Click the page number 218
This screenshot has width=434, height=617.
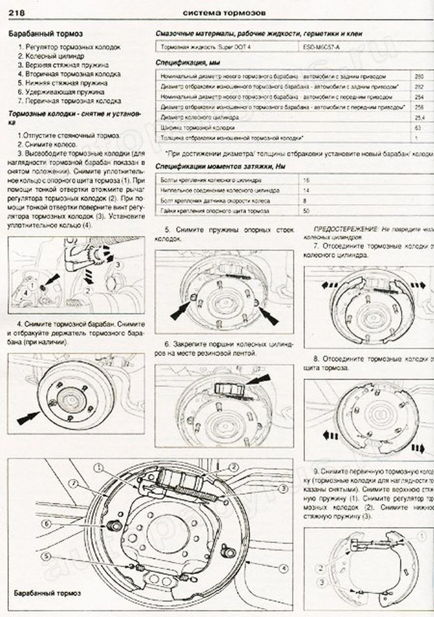pyautogui.click(x=16, y=13)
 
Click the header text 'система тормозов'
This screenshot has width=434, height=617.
pyautogui.click(x=224, y=13)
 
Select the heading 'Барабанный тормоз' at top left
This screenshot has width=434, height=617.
pyautogui.click(x=45, y=34)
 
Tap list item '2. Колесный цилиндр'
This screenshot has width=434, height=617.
pyautogui.click(x=51, y=56)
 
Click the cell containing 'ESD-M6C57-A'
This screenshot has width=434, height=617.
pyautogui.click(x=321, y=47)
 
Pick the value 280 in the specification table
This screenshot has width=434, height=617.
pyautogui.click(x=419, y=76)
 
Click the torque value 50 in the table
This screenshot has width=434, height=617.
pyautogui.click(x=306, y=211)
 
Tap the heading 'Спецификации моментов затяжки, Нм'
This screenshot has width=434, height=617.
pyautogui.click(x=220, y=166)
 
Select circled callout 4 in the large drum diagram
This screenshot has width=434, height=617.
pyautogui.click(x=283, y=568)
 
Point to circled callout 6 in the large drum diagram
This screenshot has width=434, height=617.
pyautogui.click(x=47, y=524)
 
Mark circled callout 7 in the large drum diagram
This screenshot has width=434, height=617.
pyautogui.click(x=73, y=483)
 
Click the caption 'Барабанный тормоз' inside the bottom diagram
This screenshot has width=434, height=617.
pyautogui.click(x=47, y=593)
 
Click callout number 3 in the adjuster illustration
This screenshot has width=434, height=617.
pyautogui.click(x=118, y=265)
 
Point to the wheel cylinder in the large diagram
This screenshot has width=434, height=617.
pyautogui.click(x=180, y=478)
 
